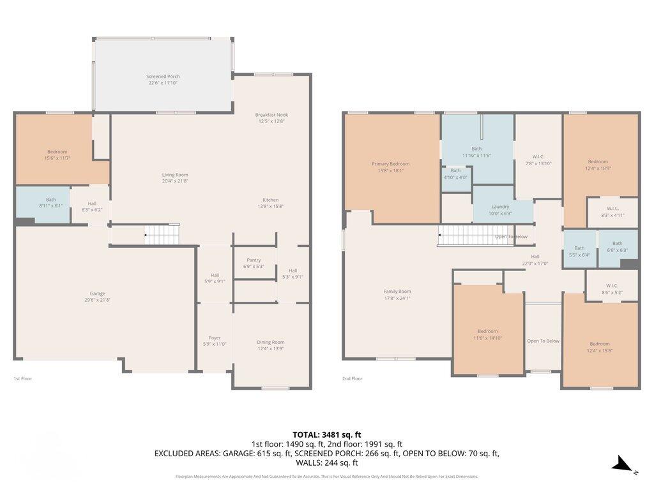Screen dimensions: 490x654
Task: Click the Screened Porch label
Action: pyautogui.click(x=163, y=77)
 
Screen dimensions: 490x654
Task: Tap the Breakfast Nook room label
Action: pyautogui.click(x=272, y=114)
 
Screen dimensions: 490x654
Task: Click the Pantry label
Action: pyautogui.click(x=254, y=260)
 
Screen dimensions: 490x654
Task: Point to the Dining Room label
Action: pyautogui.click(x=271, y=342)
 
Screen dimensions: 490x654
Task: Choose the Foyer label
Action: pyautogui.click(x=215, y=338)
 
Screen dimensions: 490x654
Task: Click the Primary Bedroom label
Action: pyautogui.click(x=390, y=164)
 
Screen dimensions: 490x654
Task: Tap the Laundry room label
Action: pyautogui.click(x=500, y=207)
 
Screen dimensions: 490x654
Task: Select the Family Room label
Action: pyautogui.click(x=397, y=292)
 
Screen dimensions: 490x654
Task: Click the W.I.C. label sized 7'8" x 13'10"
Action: pyautogui.click(x=538, y=157)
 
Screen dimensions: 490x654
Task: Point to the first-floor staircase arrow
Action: pyautogui.click(x=147, y=235)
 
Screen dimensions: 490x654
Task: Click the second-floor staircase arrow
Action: pyautogui.click(x=441, y=236)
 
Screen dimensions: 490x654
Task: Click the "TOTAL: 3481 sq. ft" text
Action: pyautogui.click(x=327, y=434)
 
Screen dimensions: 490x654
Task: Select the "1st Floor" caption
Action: pyautogui.click(x=23, y=378)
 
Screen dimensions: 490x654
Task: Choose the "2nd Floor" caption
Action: pyautogui.click(x=352, y=378)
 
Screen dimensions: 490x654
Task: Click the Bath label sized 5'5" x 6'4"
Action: pyautogui.click(x=579, y=248)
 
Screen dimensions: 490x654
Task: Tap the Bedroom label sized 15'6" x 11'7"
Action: pyautogui.click(x=57, y=152)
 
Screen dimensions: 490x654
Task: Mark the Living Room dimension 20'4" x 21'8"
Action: pyautogui.click(x=174, y=181)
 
